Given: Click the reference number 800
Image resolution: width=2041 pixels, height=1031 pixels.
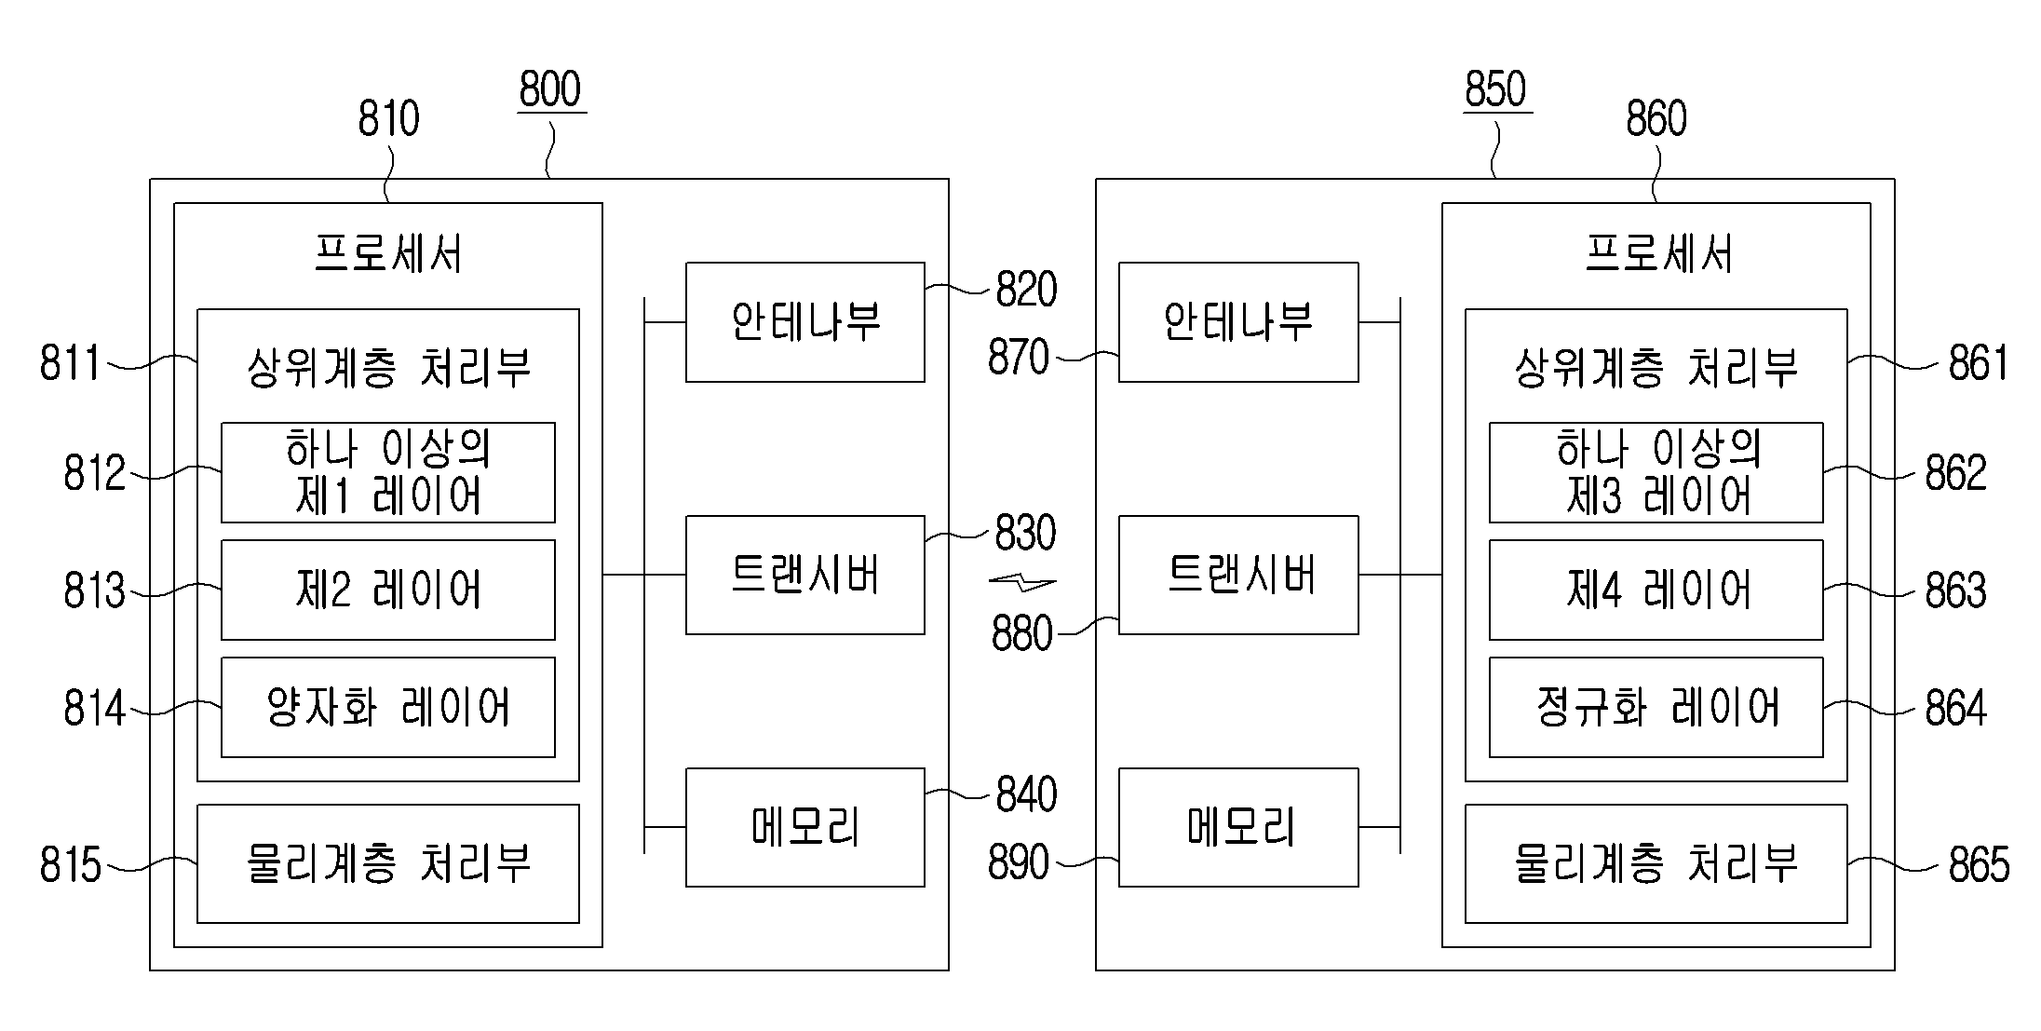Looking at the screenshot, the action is pos(550,89).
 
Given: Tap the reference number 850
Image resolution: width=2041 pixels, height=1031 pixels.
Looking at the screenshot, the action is pos(1495,89).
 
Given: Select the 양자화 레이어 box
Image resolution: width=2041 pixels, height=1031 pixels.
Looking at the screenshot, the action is pos(388,708).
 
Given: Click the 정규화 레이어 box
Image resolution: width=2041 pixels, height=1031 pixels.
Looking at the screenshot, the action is pos(1656,708).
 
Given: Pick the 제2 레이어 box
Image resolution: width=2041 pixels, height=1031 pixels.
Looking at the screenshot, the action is pos(388,590).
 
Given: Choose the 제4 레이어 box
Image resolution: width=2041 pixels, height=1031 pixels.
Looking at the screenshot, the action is pos(1656,590).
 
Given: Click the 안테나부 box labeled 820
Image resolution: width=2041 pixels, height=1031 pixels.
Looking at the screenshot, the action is pos(805,322).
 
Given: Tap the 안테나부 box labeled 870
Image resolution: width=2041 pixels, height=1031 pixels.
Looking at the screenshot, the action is pos(1238,322).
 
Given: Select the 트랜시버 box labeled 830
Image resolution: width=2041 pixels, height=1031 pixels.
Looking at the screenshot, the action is pos(805,576).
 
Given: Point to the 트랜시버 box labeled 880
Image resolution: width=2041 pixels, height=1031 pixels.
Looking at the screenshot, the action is pos(1238,576).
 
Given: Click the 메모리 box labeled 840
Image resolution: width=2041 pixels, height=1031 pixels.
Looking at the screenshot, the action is pos(805,827).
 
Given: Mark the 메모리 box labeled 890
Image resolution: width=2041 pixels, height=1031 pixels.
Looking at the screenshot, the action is pos(1238,827).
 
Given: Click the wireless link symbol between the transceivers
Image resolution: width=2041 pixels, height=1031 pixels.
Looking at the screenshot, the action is pos(1022,584).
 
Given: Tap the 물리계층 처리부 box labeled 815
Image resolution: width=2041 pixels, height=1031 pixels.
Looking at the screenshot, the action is pos(388,864).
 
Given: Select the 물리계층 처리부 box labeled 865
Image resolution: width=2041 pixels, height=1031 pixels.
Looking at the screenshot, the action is pos(1656,864).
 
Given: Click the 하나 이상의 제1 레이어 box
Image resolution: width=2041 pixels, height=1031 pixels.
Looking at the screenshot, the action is pos(388,473).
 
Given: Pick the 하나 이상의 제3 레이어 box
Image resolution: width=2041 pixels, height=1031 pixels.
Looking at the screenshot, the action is pos(1656,473).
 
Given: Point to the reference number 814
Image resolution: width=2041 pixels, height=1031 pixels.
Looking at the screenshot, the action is pos(94,709).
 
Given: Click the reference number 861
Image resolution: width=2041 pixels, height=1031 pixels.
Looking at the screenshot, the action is pos(1979,363).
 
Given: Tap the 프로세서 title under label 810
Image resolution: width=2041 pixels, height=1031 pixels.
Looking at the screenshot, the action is pos(388,253).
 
